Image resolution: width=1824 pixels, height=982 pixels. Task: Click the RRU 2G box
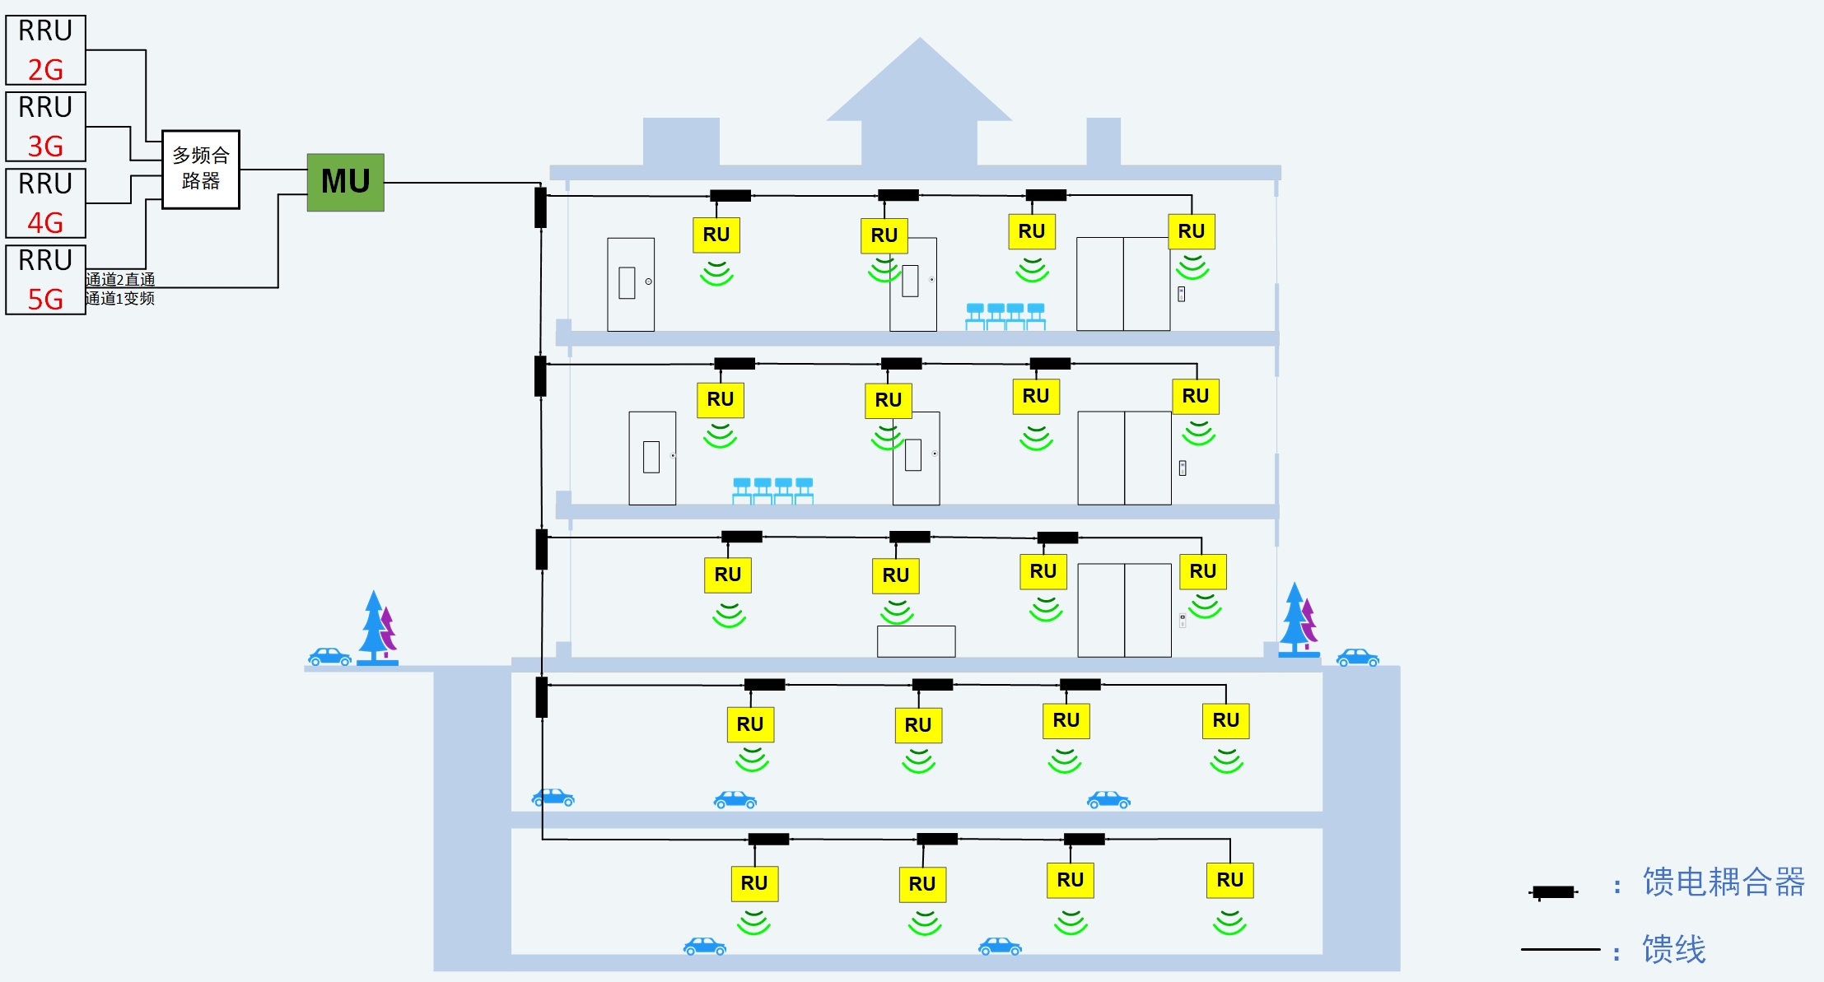46,49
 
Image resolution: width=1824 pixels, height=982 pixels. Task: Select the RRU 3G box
46,126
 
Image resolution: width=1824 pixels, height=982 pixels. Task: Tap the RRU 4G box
46,202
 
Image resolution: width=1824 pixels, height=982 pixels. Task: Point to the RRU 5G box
46,279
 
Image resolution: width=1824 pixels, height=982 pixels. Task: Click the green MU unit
346,182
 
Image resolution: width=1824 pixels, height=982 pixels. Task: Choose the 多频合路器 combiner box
201,169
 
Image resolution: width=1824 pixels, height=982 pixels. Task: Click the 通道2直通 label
120,280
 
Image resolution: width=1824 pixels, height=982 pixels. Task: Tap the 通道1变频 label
120,298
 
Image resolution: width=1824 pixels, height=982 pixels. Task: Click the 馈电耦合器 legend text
1723,882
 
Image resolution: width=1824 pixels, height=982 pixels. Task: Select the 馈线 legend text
1673,949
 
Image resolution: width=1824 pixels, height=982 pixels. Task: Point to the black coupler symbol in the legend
1553,891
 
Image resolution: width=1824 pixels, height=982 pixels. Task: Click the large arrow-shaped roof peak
919,91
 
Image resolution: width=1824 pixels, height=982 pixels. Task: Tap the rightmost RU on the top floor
1192,231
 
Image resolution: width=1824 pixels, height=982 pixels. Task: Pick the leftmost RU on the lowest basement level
754,883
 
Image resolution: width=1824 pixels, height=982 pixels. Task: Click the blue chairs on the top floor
1005,317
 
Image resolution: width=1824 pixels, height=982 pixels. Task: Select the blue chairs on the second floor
772,491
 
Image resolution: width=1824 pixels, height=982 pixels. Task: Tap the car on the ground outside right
1357,658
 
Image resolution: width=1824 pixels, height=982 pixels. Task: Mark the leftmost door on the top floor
631,285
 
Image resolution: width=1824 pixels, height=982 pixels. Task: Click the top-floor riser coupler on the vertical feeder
540,207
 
